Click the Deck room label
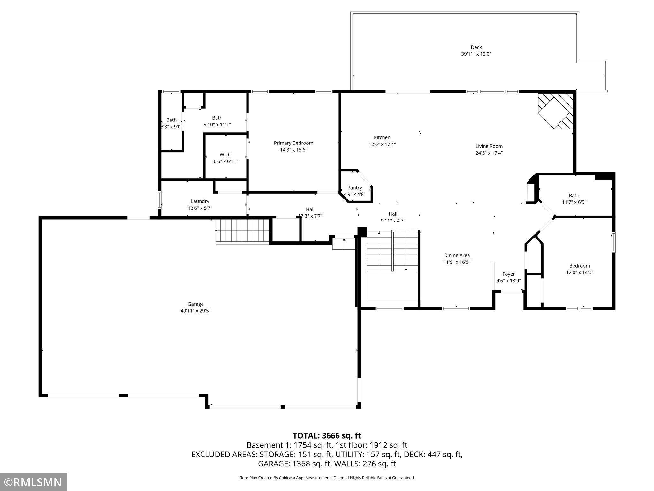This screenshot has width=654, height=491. (476, 47)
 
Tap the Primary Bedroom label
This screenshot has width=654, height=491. (293, 143)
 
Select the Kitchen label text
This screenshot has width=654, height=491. (382, 137)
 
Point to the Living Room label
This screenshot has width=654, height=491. (489, 146)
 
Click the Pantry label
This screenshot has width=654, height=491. (354, 188)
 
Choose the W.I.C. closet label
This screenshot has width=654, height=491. (226, 155)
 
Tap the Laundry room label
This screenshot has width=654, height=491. (200, 201)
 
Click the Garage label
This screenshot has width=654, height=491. (195, 304)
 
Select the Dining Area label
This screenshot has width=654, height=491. (457, 255)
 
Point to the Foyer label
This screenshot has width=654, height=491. (508, 274)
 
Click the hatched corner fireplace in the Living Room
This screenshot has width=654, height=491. (556, 111)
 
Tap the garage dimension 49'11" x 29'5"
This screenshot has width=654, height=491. (195, 311)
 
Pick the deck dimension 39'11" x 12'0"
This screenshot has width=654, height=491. (476, 54)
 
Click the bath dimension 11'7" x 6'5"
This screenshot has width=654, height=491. (574, 202)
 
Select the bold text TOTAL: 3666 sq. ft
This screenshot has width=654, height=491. (327, 436)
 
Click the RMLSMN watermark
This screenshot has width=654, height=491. (33, 482)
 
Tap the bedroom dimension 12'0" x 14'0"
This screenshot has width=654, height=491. (580, 273)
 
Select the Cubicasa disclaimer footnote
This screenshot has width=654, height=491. (327, 478)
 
